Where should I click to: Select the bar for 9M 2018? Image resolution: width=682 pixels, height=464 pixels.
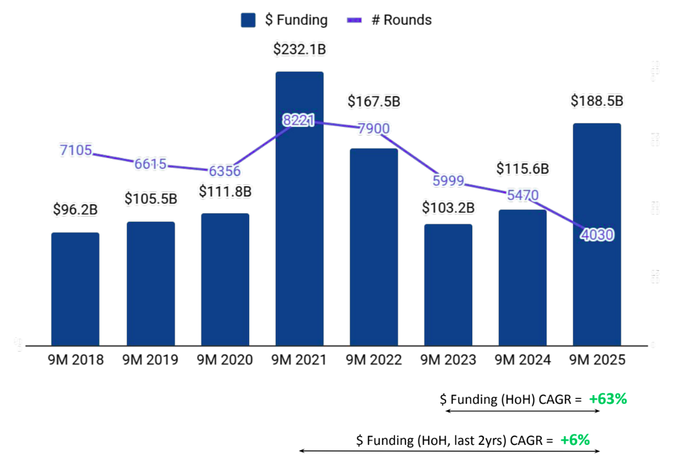coord(75,290)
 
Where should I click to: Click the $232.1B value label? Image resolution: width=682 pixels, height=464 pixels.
coord(300,49)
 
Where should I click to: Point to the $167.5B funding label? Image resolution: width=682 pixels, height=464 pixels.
coord(374,101)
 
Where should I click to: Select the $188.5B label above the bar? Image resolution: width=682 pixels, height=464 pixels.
coord(597,101)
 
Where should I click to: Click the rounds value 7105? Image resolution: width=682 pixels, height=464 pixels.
coord(75,151)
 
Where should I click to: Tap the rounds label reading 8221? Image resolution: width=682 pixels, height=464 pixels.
coord(298,120)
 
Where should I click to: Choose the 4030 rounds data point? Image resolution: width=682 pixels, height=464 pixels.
coord(597,235)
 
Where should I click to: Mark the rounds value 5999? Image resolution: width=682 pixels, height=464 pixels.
coord(448,181)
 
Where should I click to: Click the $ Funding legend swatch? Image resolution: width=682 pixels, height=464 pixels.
coord(248,20)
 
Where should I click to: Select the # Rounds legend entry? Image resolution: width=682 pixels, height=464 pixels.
coord(389,20)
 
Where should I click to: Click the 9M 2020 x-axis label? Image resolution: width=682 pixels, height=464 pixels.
coord(225,360)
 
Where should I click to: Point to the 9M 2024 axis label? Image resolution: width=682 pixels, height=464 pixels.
coord(523,360)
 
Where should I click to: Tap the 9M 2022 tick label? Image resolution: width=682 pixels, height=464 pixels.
coord(374,360)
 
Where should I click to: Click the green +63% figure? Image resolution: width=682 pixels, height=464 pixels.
coord(608,399)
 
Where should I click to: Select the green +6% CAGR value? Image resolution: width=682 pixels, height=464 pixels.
coord(575,440)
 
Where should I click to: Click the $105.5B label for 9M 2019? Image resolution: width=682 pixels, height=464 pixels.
coord(150,199)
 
